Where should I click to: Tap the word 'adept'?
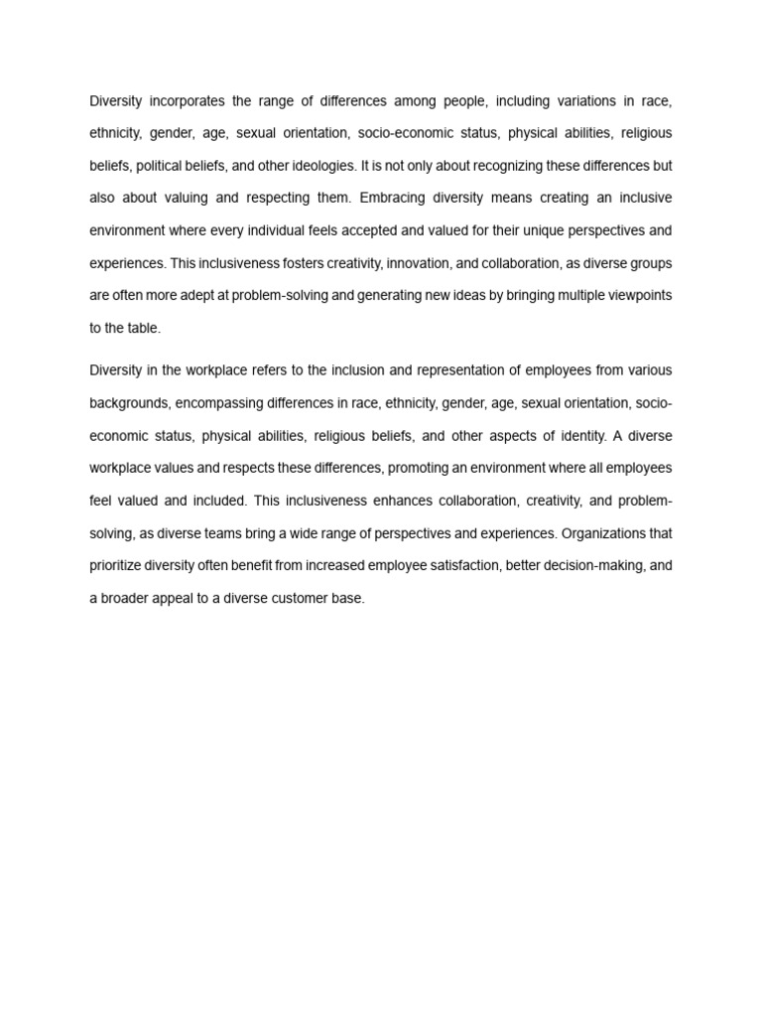203,295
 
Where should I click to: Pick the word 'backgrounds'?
129,403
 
